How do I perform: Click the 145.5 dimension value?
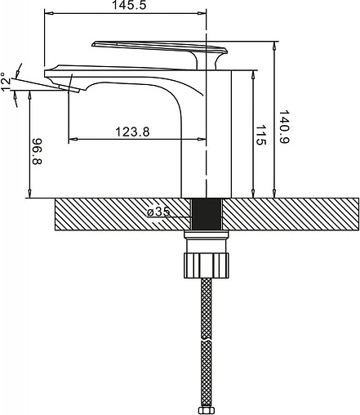click(x=129, y=5)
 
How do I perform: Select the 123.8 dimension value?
click(x=132, y=132)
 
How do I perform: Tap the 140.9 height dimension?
click(x=284, y=127)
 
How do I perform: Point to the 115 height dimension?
click(x=260, y=135)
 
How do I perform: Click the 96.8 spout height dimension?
click(x=38, y=151)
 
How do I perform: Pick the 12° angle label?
click(x=6, y=82)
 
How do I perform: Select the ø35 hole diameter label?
click(x=158, y=212)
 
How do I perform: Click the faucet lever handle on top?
click(x=160, y=47)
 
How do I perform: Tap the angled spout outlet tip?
click(x=69, y=88)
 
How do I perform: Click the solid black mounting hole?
click(x=207, y=214)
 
